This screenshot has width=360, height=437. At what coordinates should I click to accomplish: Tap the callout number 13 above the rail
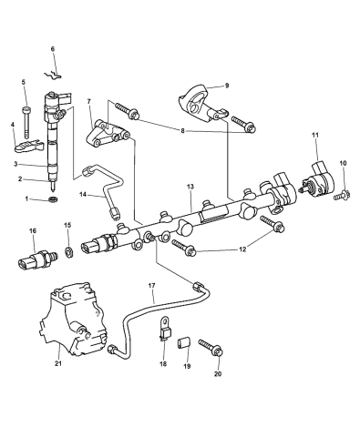coord(190,186)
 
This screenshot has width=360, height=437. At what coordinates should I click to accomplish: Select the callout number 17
coord(152,286)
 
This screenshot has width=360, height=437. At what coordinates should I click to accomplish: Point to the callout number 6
coord(52,48)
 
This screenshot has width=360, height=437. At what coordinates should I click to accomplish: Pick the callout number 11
coord(315,137)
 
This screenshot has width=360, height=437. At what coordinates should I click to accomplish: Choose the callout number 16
coord(34,232)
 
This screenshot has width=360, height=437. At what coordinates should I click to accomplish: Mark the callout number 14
coord(82,194)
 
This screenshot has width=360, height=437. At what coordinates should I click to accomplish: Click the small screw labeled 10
coord(342,194)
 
